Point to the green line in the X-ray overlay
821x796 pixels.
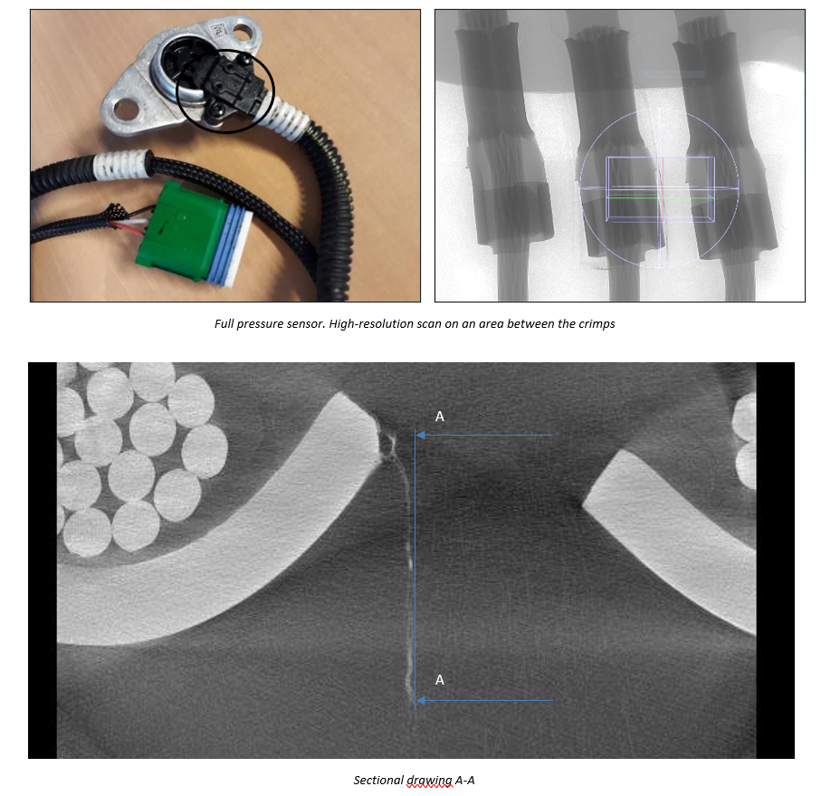pos(660,197)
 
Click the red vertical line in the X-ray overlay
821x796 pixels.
pos(663,189)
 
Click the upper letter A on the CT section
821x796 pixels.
pos(440,417)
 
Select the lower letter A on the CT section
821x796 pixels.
pos(440,680)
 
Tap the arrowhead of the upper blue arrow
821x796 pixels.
pos(419,436)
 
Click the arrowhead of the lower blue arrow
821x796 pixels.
pos(419,700)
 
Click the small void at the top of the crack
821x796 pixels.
pos(388,444)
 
